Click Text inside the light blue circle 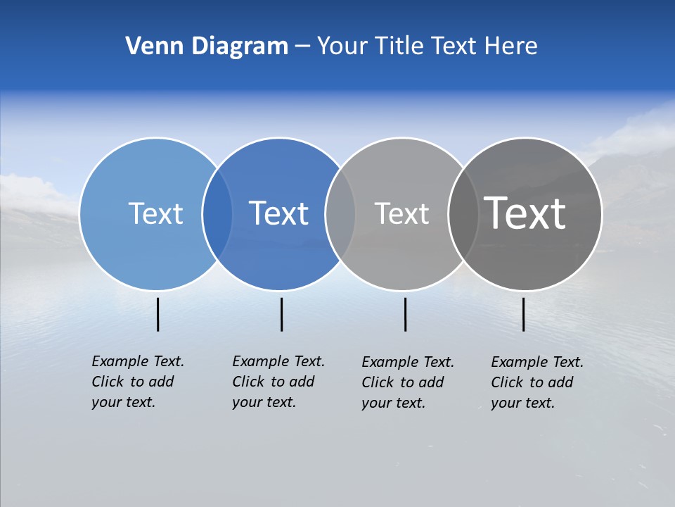click(x=155, y=213)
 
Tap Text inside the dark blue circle click(x=279, y=213)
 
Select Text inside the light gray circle click(x=401, y=213)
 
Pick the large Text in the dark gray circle click(x=525, y=213)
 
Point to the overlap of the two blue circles click(x=217, y=214)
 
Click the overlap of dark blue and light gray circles click(x=340, y=214)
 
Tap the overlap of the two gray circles click(x=463, y=214)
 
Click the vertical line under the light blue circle click(x=158, y=314)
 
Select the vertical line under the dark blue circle click(x=281, y=314)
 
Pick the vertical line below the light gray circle click(x=405, y=314)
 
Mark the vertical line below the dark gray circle click(x=523, y=314)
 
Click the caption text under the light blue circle click(x=137, y=382)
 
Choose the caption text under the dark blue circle click(x=278, y=382)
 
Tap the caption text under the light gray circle click(x=407, y=382)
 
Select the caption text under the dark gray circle click(x=536, y=382)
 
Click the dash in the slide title click(x=302, y=47)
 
